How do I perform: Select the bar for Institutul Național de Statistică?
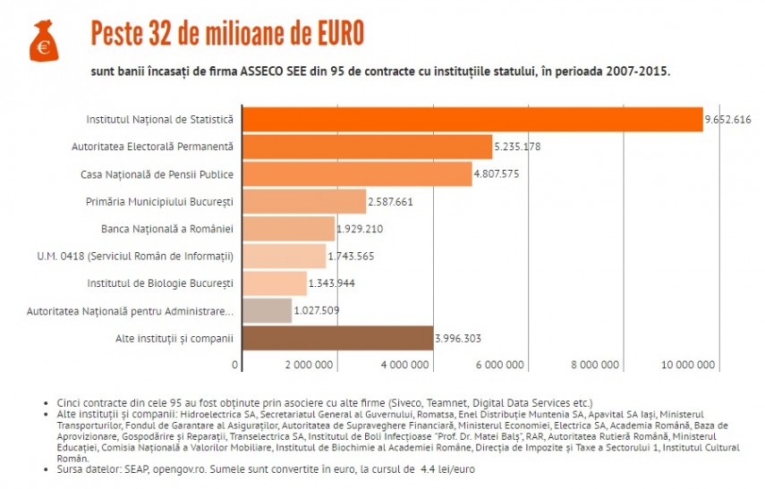click(x=472, y=119)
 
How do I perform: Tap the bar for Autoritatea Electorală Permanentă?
click(x=367, y=146)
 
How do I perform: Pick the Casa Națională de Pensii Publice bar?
click(x=357, y=173)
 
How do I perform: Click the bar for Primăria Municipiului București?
click(x=304, y=201)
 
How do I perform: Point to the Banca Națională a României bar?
click(x=288, y=229)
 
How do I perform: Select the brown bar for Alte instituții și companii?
click(x=337, y=339)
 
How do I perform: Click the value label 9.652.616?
click(x=727, y=119)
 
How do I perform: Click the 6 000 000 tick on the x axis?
click(x=499, y=365)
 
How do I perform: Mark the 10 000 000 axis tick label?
click(x=688, y=365)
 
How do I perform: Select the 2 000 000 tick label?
click(x=310, y=365)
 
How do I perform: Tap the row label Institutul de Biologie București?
click(x=160, y=283)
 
